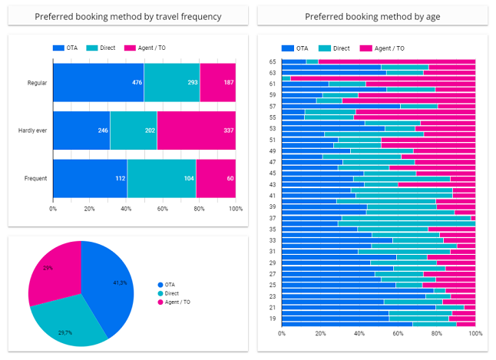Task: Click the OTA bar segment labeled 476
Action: pyautogui.click(x=98, y=82)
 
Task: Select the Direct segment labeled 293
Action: pyautogui.click(x=171, y=82)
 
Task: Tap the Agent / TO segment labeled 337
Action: pyautogui.click(x=196, y=130)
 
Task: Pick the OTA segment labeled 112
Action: pyautogui.click(x=90, y=178)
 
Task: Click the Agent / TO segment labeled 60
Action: pyautogui.click(x=216, y=178)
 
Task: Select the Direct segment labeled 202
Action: pyautogui.click(x=133, y=130)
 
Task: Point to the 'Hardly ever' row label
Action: pyautogui.click(x=32, y=130)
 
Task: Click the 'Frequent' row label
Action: pyautogui.click(x=35, y=178)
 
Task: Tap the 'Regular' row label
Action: pyautogui.click(x=37, y=82)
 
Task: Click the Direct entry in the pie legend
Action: pyautogui.click(x=171, y=293)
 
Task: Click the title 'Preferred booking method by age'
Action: pyautogui.click(x=366, y=16)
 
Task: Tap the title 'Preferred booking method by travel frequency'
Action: pyautogui.click(x=128, y=16)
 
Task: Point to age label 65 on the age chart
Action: pyautogui.click(x=273, y=61)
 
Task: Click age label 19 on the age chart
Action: pyautogui.click(x=273, y=317)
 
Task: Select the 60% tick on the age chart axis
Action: pyautogui.click(x=398, y=334)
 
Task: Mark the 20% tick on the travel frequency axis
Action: pyautogui.click(x=90, y=208)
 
